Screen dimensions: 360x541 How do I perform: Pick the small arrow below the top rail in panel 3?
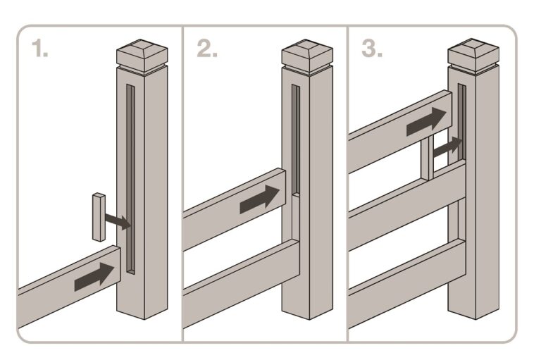coord(448,147)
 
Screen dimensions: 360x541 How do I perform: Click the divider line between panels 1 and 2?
coord(182,183)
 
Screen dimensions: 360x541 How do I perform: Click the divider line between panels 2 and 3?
coord(347,183)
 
